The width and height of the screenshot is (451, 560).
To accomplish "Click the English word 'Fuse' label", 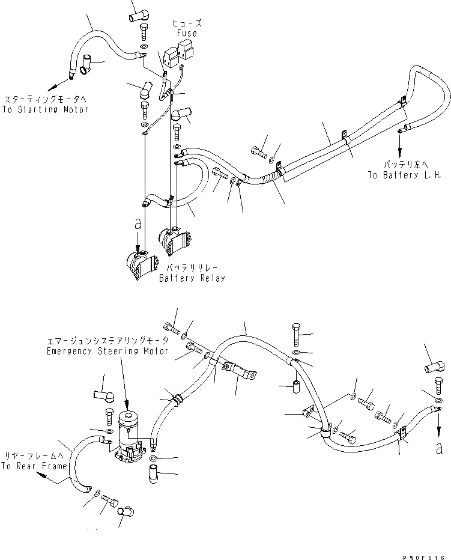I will (187, 33).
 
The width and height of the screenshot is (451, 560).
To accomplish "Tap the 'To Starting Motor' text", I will (45, 109).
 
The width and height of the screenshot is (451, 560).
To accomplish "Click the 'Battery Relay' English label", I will (192, 278).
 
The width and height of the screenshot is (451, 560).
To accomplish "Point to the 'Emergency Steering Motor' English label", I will (107, 351).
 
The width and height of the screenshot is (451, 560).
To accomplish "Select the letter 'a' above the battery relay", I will (138, 224).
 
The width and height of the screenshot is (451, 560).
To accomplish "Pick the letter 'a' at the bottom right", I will (440, 448).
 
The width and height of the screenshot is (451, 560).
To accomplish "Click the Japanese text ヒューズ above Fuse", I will (187, 23).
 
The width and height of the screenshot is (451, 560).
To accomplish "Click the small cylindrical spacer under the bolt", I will (295, 385).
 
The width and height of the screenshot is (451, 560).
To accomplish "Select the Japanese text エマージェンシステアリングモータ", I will (107, 341).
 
